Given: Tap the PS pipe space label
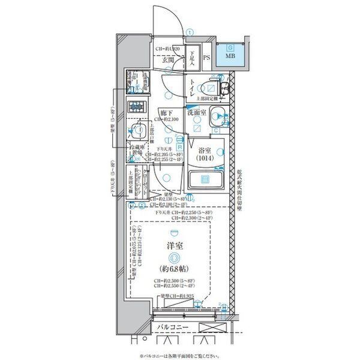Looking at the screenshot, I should [206, 58].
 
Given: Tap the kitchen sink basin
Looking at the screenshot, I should [139, 132].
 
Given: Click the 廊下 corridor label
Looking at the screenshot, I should [167, 112].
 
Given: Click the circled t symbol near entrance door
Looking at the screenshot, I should [190, 32].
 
